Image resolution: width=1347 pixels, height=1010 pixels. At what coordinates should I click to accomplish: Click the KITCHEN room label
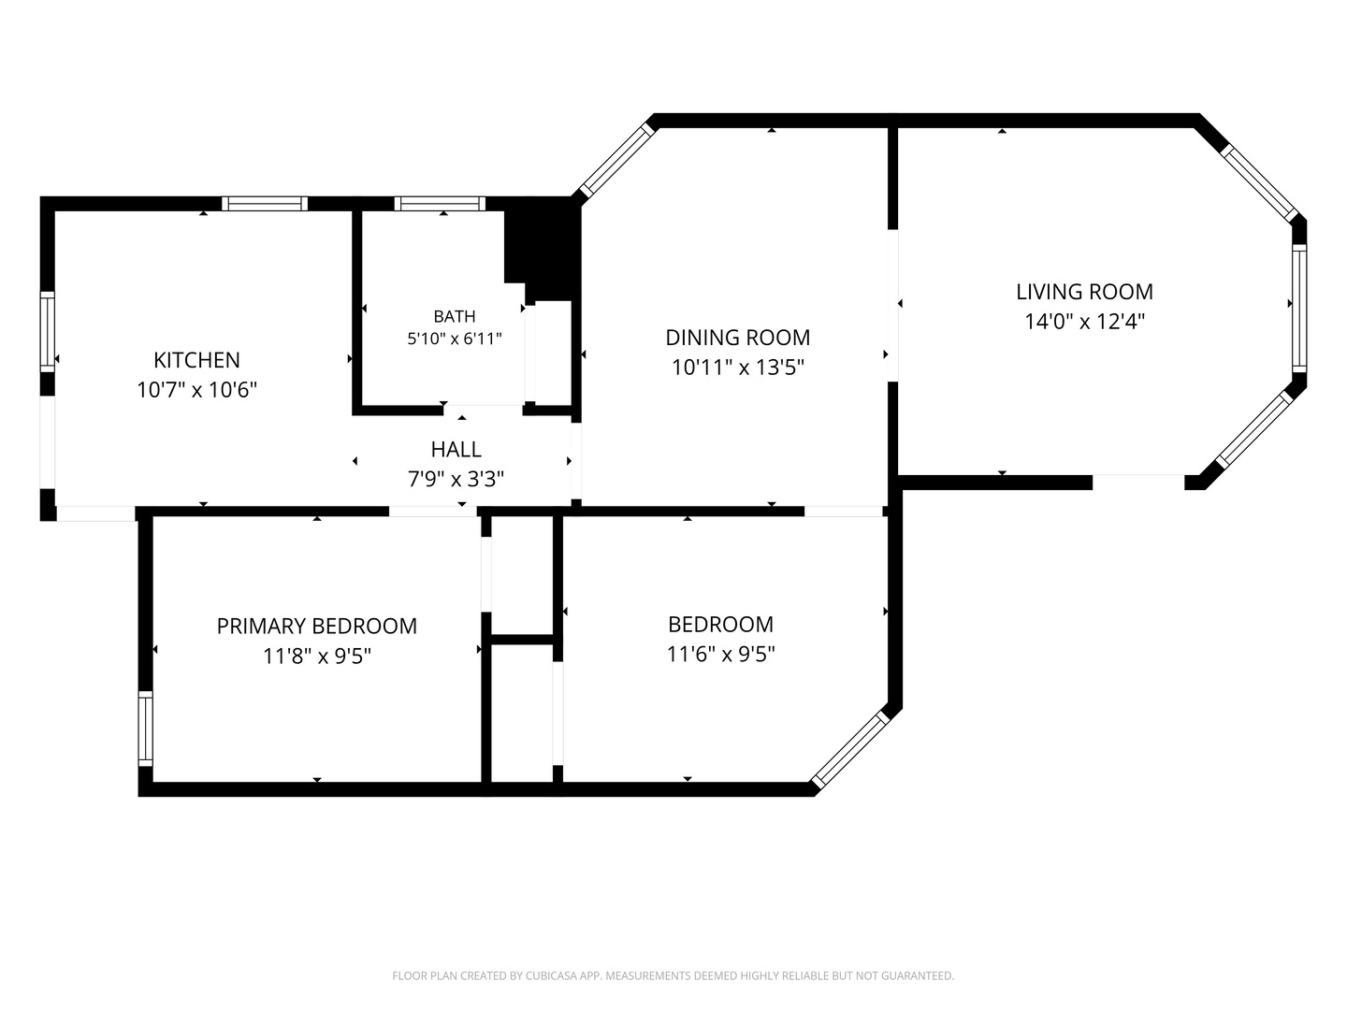click(x=196, y=360)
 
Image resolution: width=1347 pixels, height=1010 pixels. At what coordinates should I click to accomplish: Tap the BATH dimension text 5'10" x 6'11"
click(x=454, y=339)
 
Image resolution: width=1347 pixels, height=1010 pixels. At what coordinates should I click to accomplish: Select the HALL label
click(x=456, y=450)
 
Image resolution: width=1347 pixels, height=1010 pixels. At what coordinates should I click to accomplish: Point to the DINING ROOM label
click(x=738, y=338)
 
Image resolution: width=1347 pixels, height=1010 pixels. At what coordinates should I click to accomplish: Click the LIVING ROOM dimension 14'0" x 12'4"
click(x=1084, y=322)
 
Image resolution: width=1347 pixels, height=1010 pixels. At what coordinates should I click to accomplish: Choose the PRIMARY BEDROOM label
click(x=317, y=627)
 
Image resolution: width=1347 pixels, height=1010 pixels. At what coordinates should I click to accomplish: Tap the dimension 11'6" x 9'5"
click(x=720, y=655)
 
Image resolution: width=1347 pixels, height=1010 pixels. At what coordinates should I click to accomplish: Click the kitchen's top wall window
click(x=265, y=204)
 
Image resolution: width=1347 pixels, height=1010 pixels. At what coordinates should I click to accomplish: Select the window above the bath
click(x=440, y=204)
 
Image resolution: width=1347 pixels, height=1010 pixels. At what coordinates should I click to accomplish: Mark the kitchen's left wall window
click(x=48, y=332)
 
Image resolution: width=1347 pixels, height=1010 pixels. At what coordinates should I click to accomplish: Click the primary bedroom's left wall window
click(x=145, y=729)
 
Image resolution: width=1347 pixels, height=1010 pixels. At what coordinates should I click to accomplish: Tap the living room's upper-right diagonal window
click(x=1260, y=182)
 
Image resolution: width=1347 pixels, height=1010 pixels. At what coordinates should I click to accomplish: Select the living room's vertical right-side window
click(x=1299, y=309)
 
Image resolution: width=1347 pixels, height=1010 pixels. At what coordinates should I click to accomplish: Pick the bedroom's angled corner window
click(x=850, y=749)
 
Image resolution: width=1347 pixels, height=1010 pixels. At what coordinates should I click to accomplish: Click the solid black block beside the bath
click(x=543, y=249)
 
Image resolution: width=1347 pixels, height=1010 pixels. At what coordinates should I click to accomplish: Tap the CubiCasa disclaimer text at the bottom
click(x=673, y=975)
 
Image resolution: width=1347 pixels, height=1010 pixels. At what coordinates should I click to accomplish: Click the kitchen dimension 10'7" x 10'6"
click(x=196, y=390)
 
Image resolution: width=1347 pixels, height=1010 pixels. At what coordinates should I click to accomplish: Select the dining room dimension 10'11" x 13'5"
click(x=738, y=368)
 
